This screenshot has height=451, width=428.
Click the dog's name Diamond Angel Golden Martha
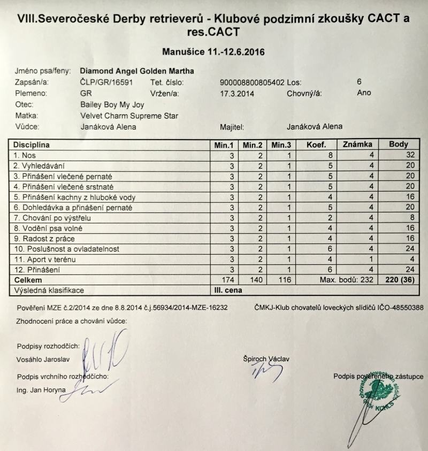coord(136,71)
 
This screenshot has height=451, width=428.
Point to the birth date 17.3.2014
coord(236,94)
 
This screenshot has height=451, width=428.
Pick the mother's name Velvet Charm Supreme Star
coord(129,116)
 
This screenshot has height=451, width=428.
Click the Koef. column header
coord(316,144)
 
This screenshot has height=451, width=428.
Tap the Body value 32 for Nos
coord(410,155)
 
